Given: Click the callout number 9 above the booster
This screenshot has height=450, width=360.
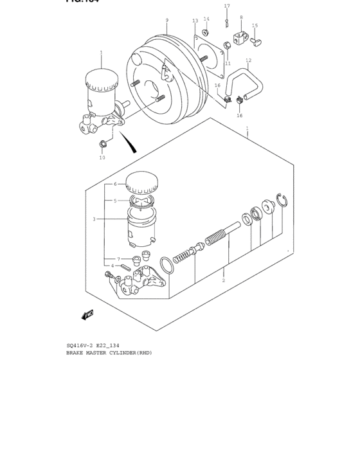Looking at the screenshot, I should point(166,21).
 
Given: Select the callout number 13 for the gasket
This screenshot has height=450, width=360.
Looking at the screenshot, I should point(195,21).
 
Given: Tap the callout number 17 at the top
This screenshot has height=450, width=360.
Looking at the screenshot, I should point(226,6).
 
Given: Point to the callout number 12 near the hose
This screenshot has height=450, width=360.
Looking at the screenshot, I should point(249,60).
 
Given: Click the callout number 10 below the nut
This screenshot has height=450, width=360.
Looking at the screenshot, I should point(102,157).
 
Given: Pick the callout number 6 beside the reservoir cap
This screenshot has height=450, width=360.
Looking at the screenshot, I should point(115,184).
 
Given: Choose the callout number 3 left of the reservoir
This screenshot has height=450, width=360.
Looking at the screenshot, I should point(94,219).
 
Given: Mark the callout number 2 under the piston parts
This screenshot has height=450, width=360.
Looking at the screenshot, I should point(223,280).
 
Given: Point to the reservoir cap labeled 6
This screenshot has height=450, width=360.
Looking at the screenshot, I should point(141,182).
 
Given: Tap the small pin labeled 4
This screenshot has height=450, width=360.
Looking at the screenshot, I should point(125,266).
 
